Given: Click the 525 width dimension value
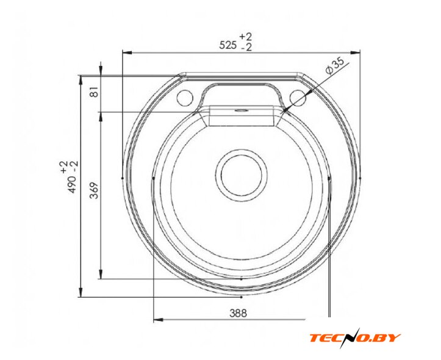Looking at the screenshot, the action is [228, 45].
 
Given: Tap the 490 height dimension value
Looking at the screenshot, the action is [73, 184].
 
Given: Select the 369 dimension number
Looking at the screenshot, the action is [95, 190].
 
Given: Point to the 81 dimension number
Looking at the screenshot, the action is [95, 92].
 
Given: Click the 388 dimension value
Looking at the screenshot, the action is [238, 313].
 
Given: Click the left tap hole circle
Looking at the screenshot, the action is [185, 97].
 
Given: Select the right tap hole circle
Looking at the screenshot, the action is [297, 97].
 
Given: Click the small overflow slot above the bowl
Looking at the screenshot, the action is [241, 110].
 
